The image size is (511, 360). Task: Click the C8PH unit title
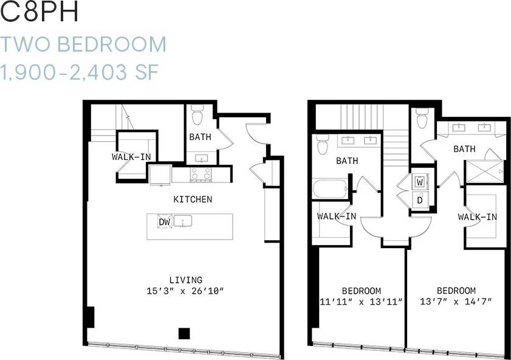(x=40, y=13)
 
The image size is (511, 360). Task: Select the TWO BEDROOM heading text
(x=83, y=44)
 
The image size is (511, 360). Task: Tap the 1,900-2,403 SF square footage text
(x=80, y=72)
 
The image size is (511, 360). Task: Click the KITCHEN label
(x=193, y=199)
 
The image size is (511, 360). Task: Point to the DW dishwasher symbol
(x=164, y=223)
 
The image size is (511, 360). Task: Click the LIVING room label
(x=185, y=280)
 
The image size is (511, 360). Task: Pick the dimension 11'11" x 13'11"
(x=361, y=301)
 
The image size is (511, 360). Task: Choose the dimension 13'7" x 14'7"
(x=456, y=301)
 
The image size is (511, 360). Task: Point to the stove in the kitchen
(x=201, y=175)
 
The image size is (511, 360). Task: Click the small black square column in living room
(x=183, y=333)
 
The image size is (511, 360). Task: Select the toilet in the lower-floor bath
(x=197, y=115)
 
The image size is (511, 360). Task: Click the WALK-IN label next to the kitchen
(x=131, y=157)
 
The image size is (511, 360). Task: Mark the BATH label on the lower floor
(x=200, y=137)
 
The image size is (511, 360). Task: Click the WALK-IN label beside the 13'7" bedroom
(x=478, y=217)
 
